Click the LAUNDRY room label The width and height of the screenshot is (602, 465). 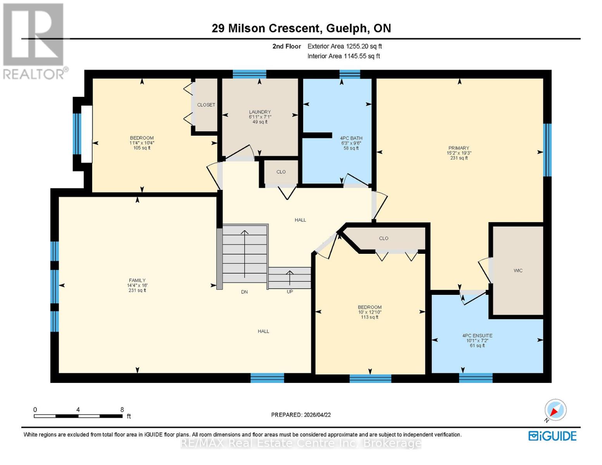pyautogui.click(x=260, y=112)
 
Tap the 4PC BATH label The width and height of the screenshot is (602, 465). pyautogui.click(x=351, y=138)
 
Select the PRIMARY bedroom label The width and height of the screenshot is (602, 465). pyautogui.click(x=459, y=148)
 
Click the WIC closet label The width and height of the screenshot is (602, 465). pyautogui.click(x=518, y=270)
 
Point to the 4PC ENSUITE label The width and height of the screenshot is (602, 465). pyautogui.click(x=477, y=336)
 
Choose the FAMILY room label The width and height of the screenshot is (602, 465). pyautogui.click(x=137, y=281)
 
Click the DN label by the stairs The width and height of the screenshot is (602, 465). pyautogui.click(x=244, y=292)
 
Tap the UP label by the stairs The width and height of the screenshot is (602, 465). pyautogui.click(x=290, y=292)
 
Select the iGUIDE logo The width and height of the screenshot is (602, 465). pyautogui.click(x=552, y=436)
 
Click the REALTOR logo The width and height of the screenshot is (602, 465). pyautogui.click(x=34, y=41)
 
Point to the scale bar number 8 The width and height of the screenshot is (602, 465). pyautogui.click(x=122, y=410)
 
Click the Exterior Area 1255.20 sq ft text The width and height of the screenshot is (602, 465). pyautogui.click(x=345, y=46)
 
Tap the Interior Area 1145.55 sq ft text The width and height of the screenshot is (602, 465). pyautogui.click(x=343, y=56)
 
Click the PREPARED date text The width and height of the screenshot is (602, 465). pyautogui.click(x=301, y=415)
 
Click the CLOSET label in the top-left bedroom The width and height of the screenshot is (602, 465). pyautogui.click(x=206, y=105)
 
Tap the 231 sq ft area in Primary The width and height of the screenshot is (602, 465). pyautogui.click(x=459, y=158)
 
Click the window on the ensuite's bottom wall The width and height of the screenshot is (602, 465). pyautogui.click(x=476, y=378)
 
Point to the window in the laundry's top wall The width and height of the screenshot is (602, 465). pyautogui.click(x=249, y=74)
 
